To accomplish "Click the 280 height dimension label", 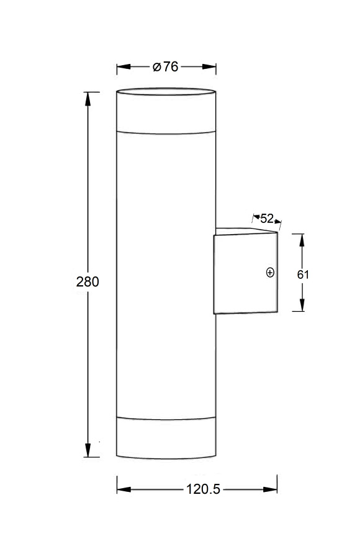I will tap(88, 281).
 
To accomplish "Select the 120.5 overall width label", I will tap(203, 489).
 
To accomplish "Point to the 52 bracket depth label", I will tap(267, 218).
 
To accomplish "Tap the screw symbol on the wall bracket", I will tap(270, 272).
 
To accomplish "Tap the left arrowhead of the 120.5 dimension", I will tap(124, 489).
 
